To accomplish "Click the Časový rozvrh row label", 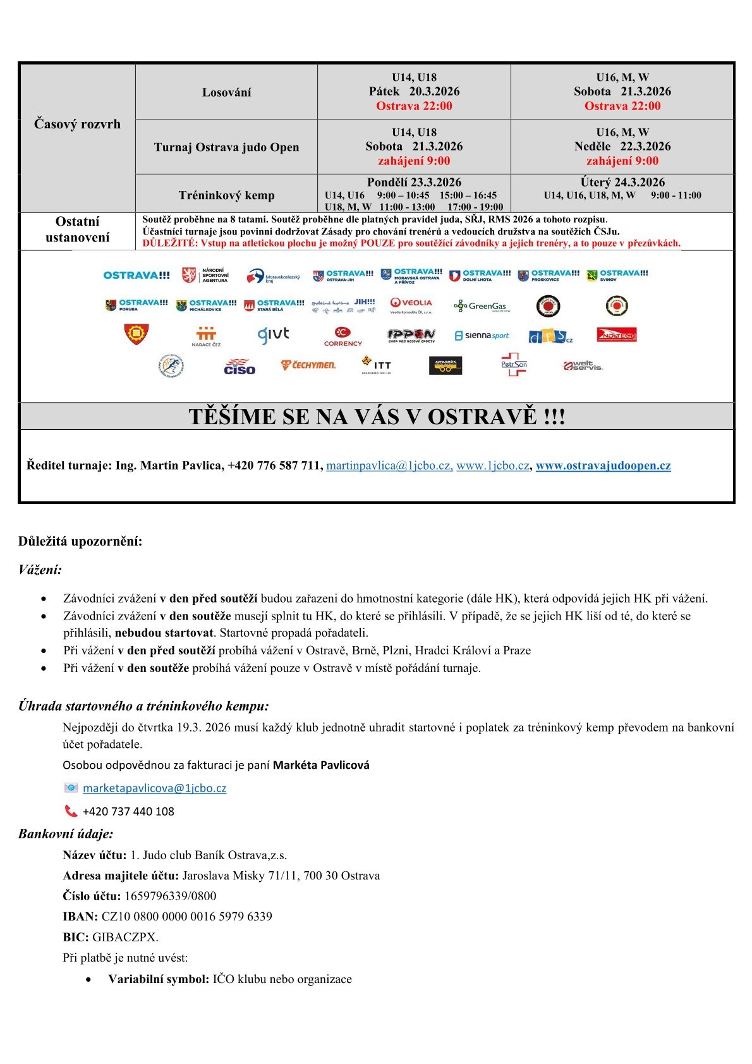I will click(x=77, y=124).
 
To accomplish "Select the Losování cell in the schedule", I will click(x=226, y=92).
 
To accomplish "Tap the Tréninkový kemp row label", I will click(x=226, y=195).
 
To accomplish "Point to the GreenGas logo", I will click(x=480, y=306).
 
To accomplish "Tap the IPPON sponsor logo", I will click(x=411, y=335).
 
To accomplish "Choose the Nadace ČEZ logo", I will click(x=206, y=336).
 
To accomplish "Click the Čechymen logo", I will click(x=308, y=365).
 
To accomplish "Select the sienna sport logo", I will click(x=482, y=336).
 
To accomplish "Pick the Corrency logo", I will click(x=343, y=336).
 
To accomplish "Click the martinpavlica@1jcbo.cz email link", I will click(x=389, y=466).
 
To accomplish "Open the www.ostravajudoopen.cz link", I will click(x=603, y=466).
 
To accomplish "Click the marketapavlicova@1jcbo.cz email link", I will click(x=154, y=788).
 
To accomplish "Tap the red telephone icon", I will click(x=71, y=811).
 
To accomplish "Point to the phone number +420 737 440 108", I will click(x=128, y=812).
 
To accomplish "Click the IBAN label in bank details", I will click(x=80, y=917).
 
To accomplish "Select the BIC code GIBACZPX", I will click(x=125, y=937).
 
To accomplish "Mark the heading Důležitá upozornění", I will click(x=80, y=542).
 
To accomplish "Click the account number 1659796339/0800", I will click(x=170, y=896).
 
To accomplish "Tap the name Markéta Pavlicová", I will click(x=321, y=765).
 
